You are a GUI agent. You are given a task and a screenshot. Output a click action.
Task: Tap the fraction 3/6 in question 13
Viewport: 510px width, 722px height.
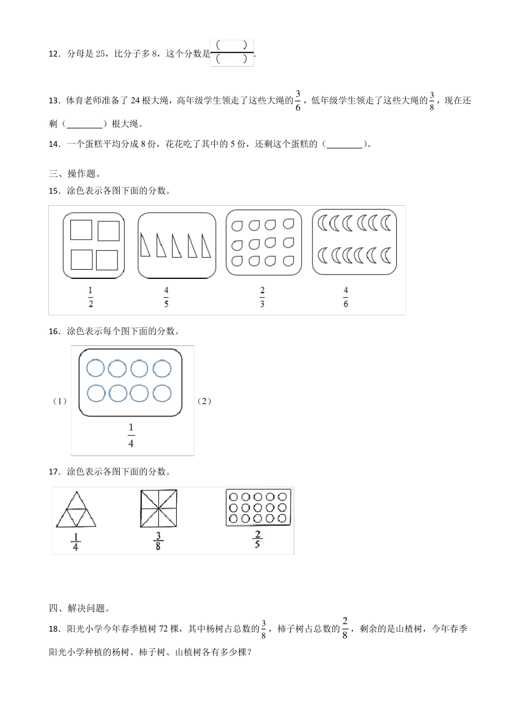tap(298, 100)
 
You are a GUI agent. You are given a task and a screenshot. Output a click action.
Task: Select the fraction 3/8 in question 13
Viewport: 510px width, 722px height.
tap(432, 100)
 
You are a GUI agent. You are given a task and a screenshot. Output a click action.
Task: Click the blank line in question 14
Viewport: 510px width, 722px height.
tap(345, 144)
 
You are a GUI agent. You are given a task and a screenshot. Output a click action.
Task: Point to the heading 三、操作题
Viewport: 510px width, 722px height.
tap(75, 174)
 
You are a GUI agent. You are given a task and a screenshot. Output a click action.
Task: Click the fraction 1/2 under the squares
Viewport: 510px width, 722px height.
tap(90, 297)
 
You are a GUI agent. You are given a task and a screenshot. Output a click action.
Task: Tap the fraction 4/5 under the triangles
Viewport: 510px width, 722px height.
tap(166, 297)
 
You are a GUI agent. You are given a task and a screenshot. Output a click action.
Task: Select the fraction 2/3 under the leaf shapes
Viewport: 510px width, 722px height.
tap(262, 297)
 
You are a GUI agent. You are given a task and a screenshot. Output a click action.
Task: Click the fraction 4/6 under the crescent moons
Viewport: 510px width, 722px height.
tap(346, 297)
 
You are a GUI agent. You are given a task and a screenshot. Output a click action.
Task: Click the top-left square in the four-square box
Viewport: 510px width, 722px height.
tap(81, 229)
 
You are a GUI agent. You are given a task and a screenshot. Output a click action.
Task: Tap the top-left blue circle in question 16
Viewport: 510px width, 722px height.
tap(96, 369)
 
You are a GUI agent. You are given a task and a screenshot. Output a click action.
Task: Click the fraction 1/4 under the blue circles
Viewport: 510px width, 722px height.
tap(131, 435)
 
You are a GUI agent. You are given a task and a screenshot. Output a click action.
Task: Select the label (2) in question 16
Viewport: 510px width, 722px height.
tap(204, 401)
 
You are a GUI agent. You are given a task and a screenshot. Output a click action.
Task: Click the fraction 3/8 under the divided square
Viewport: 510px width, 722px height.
tap(158, 540)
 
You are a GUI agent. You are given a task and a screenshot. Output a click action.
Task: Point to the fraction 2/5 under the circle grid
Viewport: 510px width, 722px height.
tap(258, 539)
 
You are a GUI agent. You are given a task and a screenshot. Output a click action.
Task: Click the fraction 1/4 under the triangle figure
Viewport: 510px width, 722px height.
tap(75, 541)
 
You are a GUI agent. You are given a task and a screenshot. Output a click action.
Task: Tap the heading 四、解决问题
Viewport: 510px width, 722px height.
tap(79, 608)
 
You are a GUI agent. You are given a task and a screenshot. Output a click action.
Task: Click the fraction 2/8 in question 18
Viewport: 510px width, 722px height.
tap(345, 628)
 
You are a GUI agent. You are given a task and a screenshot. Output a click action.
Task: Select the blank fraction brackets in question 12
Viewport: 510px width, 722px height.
tap(232, 53)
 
